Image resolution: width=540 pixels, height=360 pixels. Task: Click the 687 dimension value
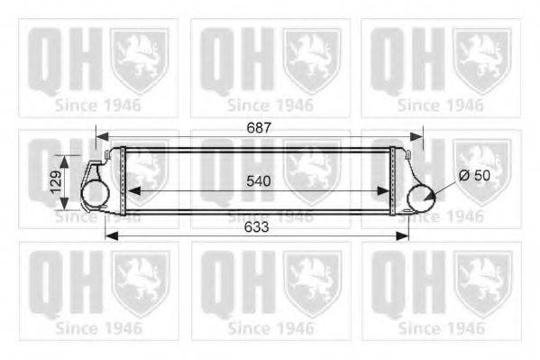pyautogui.click(x=258, y=129)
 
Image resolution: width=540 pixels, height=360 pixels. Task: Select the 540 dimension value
pyautogui.click(x=260, y=180)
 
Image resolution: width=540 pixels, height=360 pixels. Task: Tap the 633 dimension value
pyautogui.click(x=256, y=227)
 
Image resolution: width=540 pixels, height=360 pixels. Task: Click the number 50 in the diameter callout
pyautogui.click(x=481, y=176)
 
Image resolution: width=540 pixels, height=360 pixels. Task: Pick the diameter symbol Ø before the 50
pyautogui.click(x=464, y=176)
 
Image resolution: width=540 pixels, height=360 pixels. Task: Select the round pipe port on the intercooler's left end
pyautogui.click(x=96, y=195)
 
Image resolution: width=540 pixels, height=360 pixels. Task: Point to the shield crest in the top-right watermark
pyautogui.click(x=481, y=59)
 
